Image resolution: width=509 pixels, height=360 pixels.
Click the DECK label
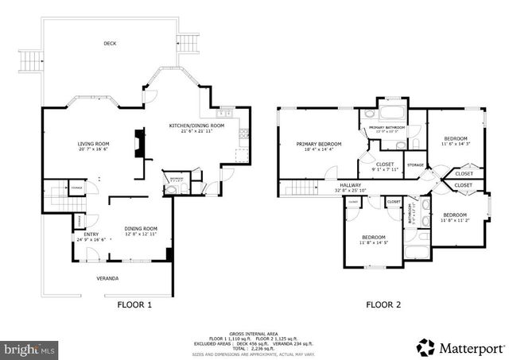coord(110,44)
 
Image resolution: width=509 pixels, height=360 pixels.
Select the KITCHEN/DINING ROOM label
coord(196,126)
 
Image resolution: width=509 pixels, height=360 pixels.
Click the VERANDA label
coord(107,278)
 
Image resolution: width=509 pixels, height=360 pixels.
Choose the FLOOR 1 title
coord(134,304)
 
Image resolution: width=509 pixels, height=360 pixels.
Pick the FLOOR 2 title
coord(383,304)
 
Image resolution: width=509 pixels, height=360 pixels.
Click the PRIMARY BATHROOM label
coord(387,127)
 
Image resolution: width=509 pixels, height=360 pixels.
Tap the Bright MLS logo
coord(30,348)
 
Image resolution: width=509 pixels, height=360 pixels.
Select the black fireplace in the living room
coord(139,144)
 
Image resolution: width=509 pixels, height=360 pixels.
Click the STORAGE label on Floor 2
coord(415,165)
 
